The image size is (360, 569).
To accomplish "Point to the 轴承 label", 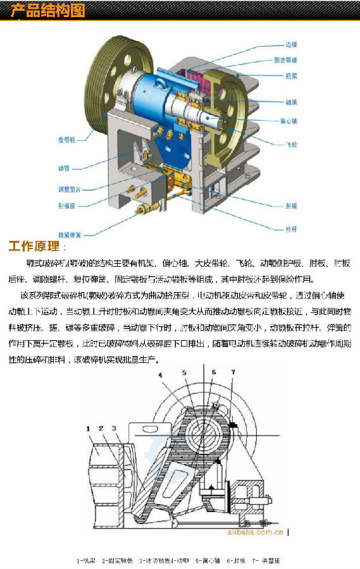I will click(291, 102).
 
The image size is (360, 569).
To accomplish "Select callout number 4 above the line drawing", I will click(161, 376).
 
